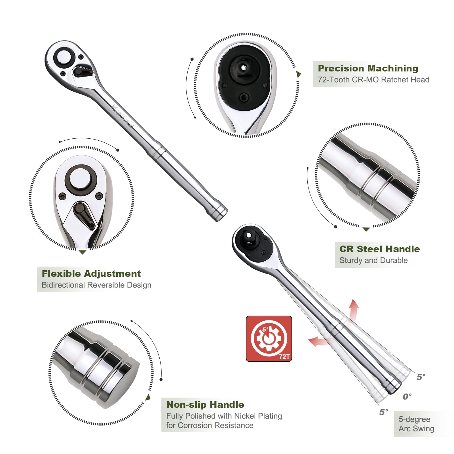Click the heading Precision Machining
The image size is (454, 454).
coord(368,68)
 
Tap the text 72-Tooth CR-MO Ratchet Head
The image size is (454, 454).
coord(373,80)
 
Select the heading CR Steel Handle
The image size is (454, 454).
coord(379,249)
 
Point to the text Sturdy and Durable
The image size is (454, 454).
coord(373,260)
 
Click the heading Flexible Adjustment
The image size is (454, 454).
coord(91,274)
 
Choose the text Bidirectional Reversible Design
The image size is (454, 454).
coord(96,285)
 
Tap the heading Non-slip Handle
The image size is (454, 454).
coord(205,405)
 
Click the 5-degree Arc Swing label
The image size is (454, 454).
coord(416,424)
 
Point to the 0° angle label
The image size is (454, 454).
coord(407,396)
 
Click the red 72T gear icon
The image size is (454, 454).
coord(269,338)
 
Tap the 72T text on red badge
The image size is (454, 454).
coord(284,357)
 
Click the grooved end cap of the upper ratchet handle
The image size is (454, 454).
coord(221,212)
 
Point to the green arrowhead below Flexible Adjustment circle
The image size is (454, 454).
coord(83,252)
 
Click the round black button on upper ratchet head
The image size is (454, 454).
coord(64,58)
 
